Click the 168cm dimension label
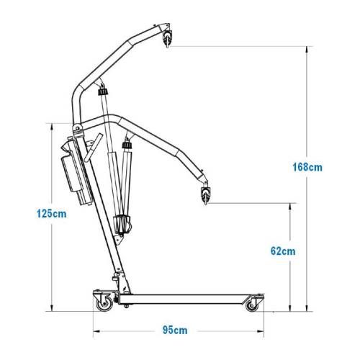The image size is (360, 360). (x=307, y=167)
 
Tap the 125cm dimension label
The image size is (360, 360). (x=51, y=214)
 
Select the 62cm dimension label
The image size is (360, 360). (x=283, y=251)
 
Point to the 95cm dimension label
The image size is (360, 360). (x=175, y=330)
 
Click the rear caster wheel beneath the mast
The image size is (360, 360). (x=104, y=305)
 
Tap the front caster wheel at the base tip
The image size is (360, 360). (x=252, y=306)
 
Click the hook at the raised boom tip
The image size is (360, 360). (x=167, y=38)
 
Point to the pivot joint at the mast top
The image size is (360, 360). (x=78, y=128)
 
